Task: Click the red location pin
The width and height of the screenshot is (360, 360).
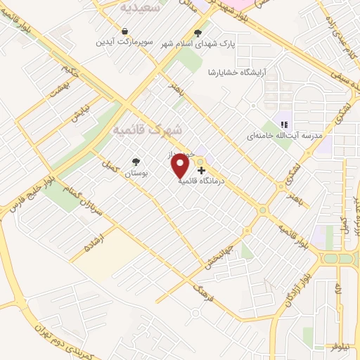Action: pyautogui.click(x=181, y=167)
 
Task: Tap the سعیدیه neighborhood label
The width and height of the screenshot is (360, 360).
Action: pyautogui.click(x=141, y=8)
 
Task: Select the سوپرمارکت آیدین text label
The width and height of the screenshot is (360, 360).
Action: pyautogui.click(x=124, y=42)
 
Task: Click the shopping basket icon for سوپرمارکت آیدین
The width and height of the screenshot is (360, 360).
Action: pyautogui.click(x=124, y=32)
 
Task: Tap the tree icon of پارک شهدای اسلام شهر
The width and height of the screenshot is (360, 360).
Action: pyautogui.click(x=198, y=32)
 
